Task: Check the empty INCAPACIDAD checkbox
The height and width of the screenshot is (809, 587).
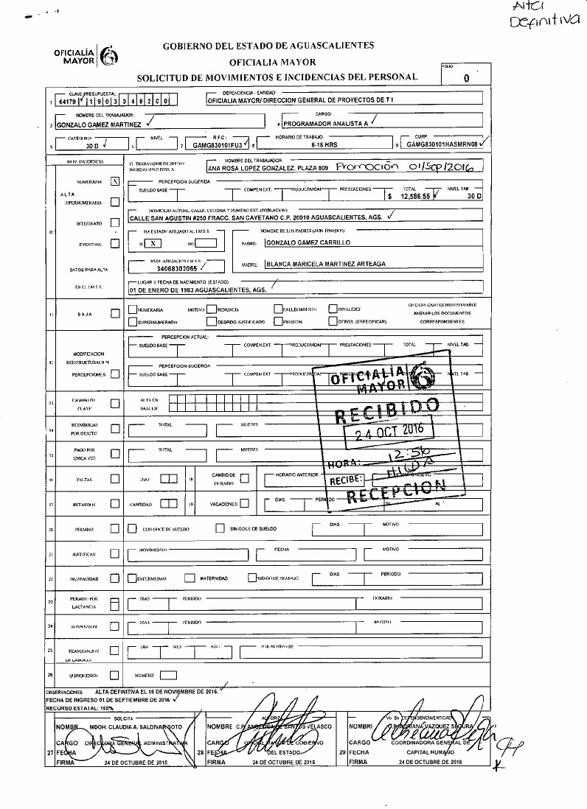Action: (x=114, y=578)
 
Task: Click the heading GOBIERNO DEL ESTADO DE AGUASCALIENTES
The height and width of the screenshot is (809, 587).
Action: (x=268, y=46)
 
